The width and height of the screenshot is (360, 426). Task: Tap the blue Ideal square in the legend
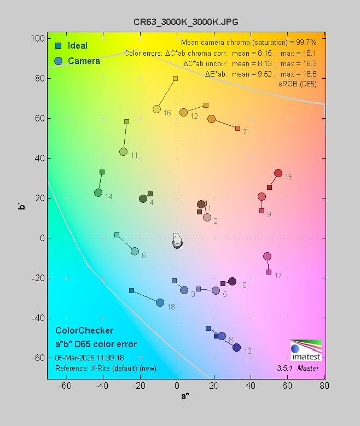[x=58, y=46]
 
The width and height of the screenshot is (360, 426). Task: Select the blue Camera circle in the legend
[x=58, y=61]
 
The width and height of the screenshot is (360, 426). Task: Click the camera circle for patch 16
[x=156, y=109]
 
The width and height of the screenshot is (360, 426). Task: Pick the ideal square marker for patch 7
[x=237, y=128]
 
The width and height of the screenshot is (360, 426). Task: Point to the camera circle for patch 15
[x=278, y=173]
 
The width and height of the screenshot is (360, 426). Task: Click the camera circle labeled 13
[x=236, y=347]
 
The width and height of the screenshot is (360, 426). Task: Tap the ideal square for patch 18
[x=131, y=290]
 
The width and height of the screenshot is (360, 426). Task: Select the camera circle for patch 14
[x=98, y=192]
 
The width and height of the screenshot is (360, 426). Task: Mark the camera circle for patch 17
[x=267, y=256]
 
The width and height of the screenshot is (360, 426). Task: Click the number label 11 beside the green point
[x=134, y=156]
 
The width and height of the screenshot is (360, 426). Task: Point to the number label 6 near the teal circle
[x=143, y=256]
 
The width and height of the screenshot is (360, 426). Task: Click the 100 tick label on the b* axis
[x=38, y=39]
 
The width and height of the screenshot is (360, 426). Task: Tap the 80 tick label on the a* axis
[x=325, y=387]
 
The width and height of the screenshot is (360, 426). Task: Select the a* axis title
[x=185, y=396]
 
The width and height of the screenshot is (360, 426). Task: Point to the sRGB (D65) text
[x=298, y=83]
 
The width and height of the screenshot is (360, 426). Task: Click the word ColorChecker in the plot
[x=84, y=331]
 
